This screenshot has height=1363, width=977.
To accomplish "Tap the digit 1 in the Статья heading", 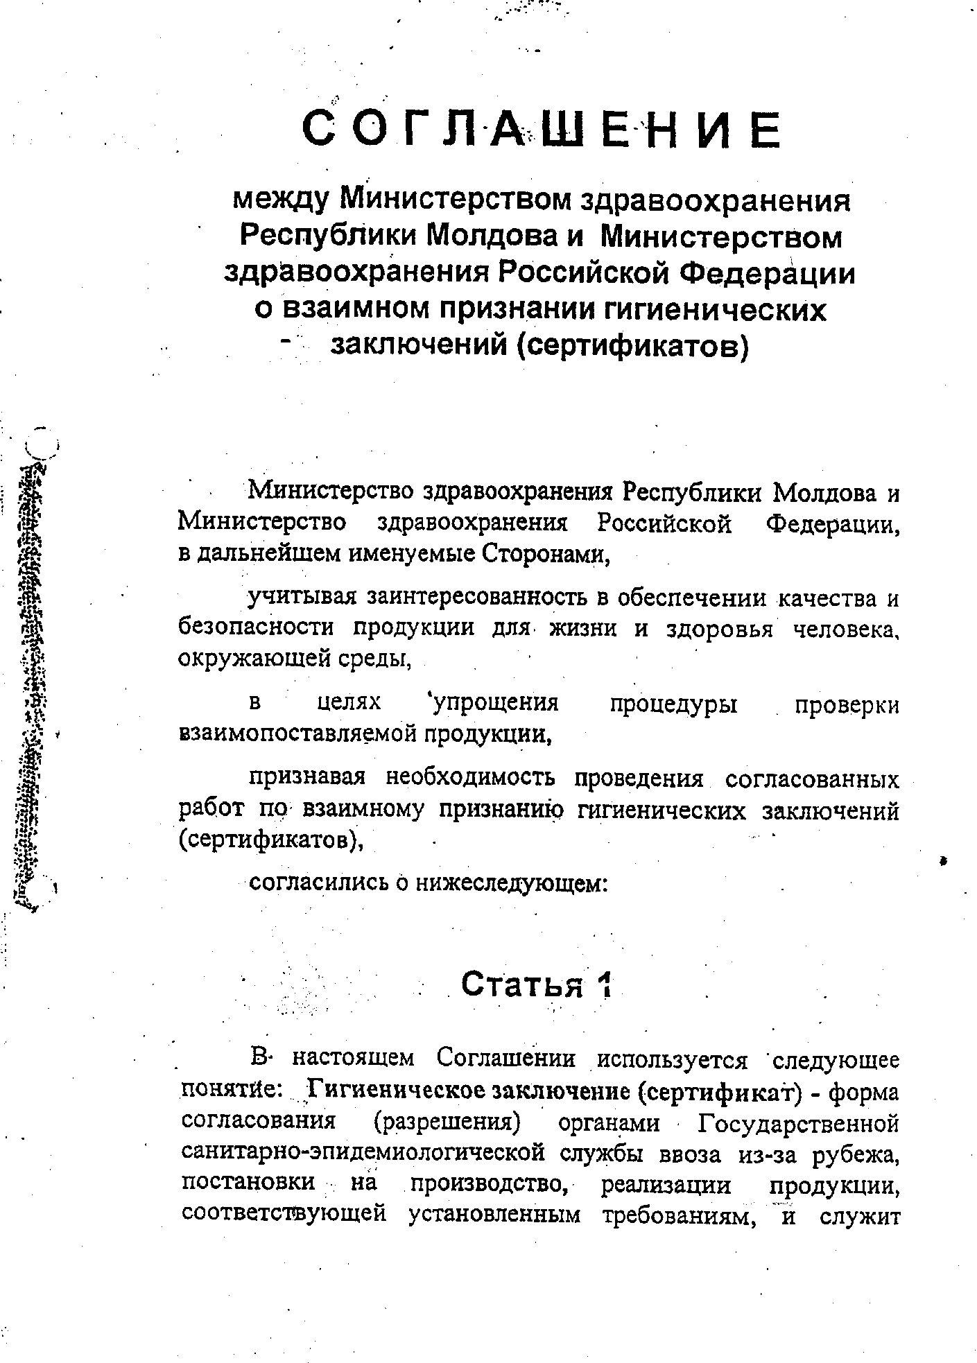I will (607, 985).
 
